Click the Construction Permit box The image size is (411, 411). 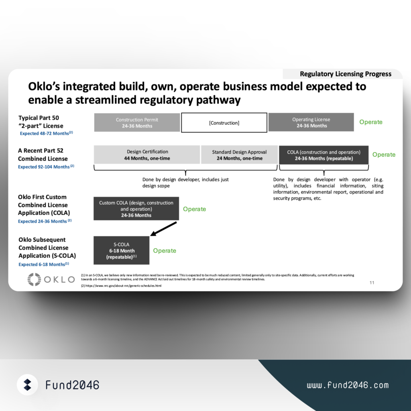click(x=137, y=122)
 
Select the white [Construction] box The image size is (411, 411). click(x=224, y=123)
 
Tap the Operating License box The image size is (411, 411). click(x=311, y=122)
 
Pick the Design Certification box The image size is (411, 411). click(x=147, y=155)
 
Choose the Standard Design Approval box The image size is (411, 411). click(x=239, y=155)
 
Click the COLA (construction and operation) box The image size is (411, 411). click(x=324, y=155)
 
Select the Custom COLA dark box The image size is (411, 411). click(x=136, y=209)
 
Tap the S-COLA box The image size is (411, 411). click(x=121, y=250)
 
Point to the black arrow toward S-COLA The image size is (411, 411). click(x=164, y=229)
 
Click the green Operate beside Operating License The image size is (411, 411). click(x=370, y=122)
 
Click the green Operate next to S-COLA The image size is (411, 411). click(x=164, y=250)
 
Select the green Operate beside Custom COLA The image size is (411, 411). click(x=194, y=209)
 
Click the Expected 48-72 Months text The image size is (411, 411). click(x=47, y=133)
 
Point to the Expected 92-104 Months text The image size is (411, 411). click(x=46, y=167)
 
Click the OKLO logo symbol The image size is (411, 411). click(x=35, y=279)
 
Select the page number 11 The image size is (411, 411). click(x=372, y=283)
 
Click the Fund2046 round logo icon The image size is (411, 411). click(x=28, y=385)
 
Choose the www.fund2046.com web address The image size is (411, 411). click(x=348, y=385)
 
